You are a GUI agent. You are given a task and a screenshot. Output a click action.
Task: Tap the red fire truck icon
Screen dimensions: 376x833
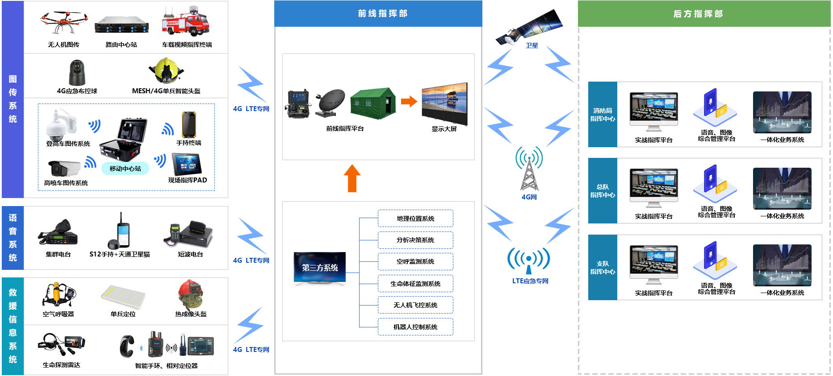pos(185,22)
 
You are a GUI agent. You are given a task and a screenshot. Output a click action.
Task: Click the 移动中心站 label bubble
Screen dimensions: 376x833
pos(125,169)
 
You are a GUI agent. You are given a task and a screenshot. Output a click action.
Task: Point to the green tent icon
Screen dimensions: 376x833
pos(373,103)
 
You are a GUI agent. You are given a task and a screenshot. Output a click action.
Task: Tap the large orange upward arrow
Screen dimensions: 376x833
pos(352,178)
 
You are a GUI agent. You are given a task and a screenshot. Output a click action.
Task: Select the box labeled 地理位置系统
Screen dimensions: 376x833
pos(415,219)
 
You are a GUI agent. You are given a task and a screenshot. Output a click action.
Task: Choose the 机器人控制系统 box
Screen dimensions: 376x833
pos(415,327)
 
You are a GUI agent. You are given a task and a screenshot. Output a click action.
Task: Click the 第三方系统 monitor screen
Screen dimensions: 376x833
pos(320,267)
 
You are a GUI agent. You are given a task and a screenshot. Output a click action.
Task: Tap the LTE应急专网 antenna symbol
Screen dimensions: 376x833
pos(529,260)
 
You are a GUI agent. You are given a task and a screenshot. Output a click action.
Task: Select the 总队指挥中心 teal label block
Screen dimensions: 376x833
pos(603,191)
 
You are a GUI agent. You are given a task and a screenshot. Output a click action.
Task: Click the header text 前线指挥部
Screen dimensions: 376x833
pos(382,13)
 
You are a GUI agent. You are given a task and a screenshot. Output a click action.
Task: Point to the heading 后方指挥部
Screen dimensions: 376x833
pos(698,14)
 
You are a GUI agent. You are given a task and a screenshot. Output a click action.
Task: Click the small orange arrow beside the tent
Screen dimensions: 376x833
pos(408,101)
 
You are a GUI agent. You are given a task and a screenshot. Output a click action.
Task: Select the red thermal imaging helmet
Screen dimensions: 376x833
pos(190,294)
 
